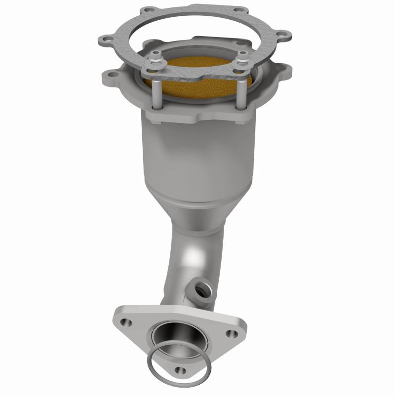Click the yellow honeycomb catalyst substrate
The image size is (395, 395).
[197, 79]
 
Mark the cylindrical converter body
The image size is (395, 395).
[193, 158]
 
